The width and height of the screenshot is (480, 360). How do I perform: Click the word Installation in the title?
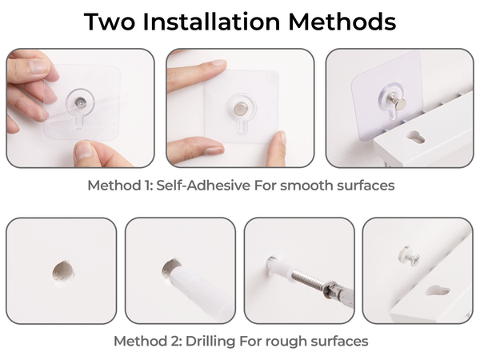click(211, 22)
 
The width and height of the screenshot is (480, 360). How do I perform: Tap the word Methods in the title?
click(342, 22)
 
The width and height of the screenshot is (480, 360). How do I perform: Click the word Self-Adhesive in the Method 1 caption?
click(203, 186)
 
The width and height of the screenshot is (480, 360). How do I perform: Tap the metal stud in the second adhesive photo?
click(241, 109)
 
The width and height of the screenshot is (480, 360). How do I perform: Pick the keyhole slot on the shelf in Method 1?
click(414, 137)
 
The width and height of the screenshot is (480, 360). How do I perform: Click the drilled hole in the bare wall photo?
click(63, 271)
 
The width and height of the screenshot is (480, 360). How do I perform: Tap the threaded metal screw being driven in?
click(309, 278)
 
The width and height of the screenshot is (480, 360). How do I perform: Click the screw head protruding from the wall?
click(409, 257)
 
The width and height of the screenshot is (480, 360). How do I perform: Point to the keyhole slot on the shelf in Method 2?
click(437, 291)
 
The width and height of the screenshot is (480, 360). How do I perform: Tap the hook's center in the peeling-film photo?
click(80, 101)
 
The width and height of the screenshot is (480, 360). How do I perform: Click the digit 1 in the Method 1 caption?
click(147, 186)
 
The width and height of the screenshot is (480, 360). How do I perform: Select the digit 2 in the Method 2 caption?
click(175, 342)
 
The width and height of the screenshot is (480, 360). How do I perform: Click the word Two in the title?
click(110, 22)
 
